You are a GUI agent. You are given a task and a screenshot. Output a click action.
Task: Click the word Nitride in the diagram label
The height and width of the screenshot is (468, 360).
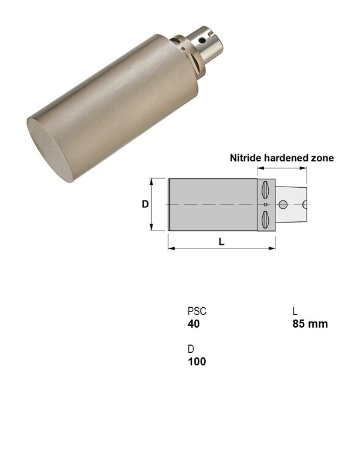click(x=244, y=158)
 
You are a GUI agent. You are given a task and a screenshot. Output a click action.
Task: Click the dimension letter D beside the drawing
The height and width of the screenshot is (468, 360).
click(x=145, y=204)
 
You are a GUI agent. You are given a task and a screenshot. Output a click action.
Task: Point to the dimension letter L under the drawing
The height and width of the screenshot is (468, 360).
click(x=221, y=241)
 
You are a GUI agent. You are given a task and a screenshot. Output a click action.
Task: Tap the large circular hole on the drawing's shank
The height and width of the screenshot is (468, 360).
click(x=283, y=205)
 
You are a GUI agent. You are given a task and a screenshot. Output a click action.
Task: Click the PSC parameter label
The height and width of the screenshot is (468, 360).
click(x=197, y=311)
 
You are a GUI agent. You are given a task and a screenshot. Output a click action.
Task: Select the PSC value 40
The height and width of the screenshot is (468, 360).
click(x=193, y=324)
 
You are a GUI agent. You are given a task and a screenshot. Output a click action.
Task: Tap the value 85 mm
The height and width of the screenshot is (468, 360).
click(x=310, y=324)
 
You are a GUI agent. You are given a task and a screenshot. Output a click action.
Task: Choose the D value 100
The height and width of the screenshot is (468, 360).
click(x=196, y=362)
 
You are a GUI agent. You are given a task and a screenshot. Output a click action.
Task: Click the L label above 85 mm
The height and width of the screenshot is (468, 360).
click(x=295, y=311)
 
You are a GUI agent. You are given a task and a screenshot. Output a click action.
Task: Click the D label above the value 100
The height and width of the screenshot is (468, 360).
click(x=191, y=349)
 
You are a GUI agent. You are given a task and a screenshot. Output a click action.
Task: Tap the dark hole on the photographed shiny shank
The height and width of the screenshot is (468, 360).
click(x=202, y=41)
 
